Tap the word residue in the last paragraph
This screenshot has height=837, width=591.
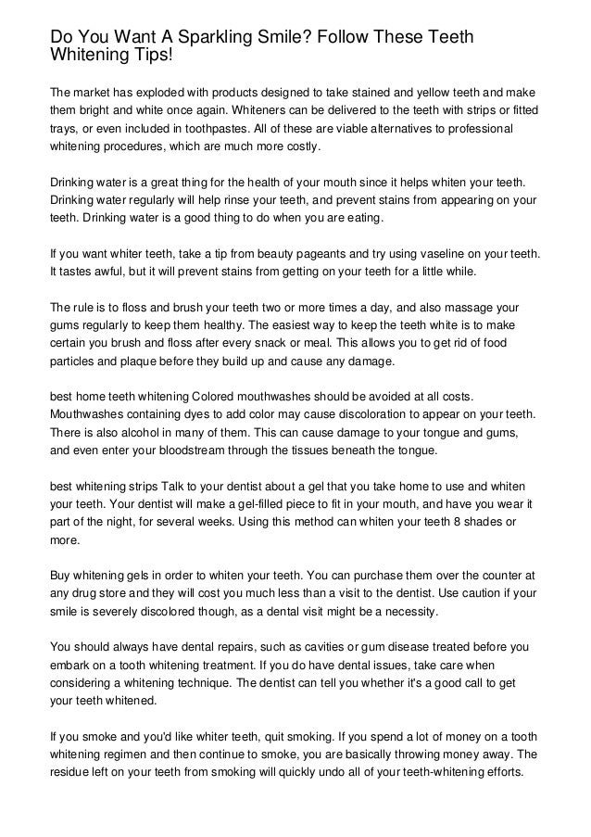pos(70,772)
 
